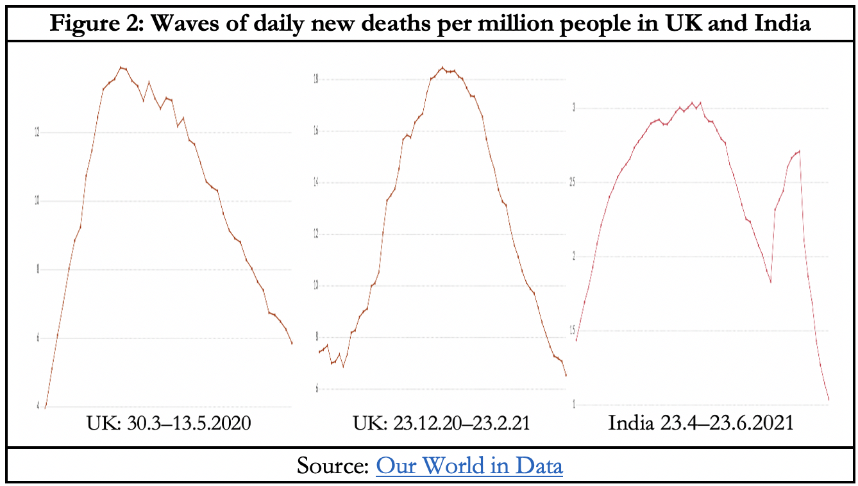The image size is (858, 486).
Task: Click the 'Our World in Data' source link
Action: [x=469, y=465]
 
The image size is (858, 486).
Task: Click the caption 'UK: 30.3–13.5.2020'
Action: [x=169, y=424]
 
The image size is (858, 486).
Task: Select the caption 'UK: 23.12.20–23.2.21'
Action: [x=441, y=424]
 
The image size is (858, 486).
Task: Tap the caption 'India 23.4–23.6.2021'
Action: [x=701, y=424]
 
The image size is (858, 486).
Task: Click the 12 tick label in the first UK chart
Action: [x=37, y=133]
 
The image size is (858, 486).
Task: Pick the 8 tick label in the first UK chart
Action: [x=37, y=269]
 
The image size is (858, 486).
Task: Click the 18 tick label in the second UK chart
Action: [x=315, y=80]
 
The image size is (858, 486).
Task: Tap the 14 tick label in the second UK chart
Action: [x=315, y=183]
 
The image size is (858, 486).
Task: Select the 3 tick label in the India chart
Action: [x=575, y=108]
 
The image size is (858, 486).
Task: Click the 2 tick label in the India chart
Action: [x=575, y=256]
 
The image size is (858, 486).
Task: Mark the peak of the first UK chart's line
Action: [x=121, y=67]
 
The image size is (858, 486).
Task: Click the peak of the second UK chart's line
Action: [x=442, y=67]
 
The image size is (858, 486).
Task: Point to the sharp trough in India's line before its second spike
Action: [x=770, y=282]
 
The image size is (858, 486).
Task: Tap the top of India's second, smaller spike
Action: [x=799, y=151]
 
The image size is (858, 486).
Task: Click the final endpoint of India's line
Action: [x=829, y=400]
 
